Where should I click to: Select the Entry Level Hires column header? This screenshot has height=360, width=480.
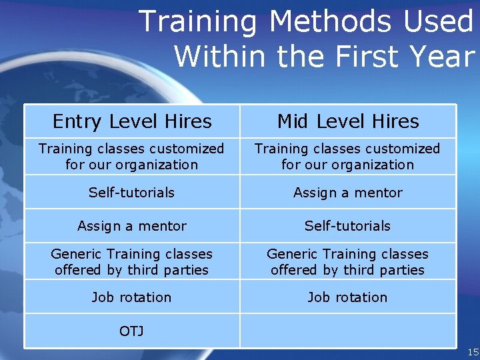132,121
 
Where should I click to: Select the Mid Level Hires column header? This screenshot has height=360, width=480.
348,121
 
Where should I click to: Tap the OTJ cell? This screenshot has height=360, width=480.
131,331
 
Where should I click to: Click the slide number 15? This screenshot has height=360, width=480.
473,352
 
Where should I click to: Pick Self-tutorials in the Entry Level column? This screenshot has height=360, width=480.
131,193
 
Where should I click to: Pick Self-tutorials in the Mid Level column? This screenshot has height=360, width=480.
347,226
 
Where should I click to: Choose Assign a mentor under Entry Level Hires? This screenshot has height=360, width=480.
131,226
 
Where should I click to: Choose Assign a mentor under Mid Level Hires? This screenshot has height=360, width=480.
348,193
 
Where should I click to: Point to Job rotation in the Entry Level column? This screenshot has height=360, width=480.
131,297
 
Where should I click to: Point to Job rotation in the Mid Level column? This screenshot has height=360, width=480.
347,297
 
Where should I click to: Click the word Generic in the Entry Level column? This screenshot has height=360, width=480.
75,254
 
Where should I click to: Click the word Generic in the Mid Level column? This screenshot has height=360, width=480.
291,254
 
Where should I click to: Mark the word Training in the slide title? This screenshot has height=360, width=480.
197,22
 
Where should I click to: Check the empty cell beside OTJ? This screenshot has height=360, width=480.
347,331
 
